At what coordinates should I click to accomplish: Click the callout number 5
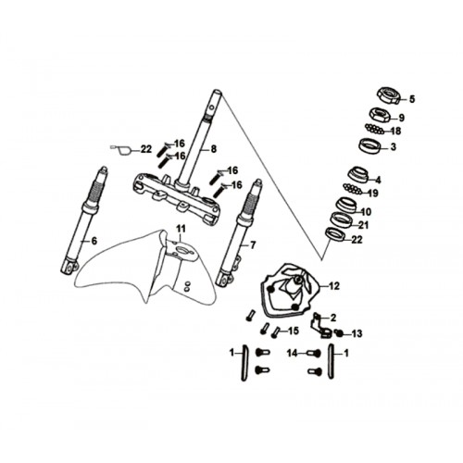[x=412, y=99]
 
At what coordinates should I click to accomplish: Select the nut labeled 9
[x=381, y=115]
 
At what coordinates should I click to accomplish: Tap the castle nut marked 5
[x=389, y=95]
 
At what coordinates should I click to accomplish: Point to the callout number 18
[x=395, y=131]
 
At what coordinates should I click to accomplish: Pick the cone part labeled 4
[x=358, y=175]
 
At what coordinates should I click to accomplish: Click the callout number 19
[x=373, y=194]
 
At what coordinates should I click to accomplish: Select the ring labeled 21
[x=341, y=219]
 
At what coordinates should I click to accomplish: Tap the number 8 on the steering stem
[x=214, y=149]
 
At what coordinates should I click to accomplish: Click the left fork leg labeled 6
[x=83, y=220]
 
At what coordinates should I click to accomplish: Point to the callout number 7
[x=253, y=245]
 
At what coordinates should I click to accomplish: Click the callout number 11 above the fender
[x=181, y=229]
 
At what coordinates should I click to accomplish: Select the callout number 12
[x=334, y=286]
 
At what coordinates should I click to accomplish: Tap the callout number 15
[x=294, y=332]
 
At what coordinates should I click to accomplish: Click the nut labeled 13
[x=339, y=333]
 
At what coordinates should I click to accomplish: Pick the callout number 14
[x=293, y=353]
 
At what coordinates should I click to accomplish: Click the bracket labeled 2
[x=321, y=327]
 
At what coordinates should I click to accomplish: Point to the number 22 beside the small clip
[x=146, y=149]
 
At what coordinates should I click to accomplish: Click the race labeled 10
[x=345, y=205]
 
